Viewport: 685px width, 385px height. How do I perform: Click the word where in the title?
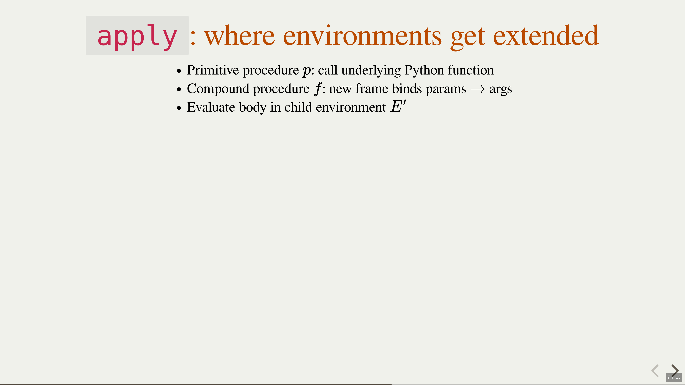tap(240, 36)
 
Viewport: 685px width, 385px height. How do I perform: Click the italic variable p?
tap(307, 71)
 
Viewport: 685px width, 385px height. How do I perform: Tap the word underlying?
tap(371, 70)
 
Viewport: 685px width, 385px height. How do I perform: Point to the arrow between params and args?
tap(478, 89)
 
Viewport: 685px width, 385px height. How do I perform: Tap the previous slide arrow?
tap(655, 371)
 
